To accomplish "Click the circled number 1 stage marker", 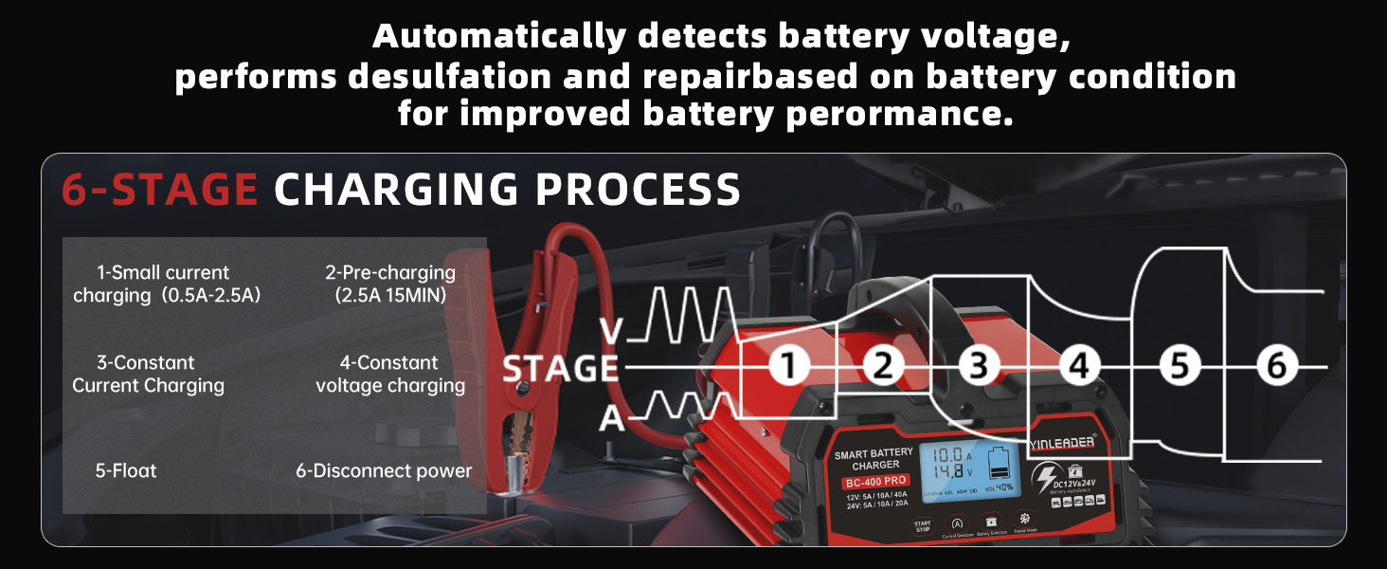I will point(788,366).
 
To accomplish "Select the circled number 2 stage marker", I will point(883,366).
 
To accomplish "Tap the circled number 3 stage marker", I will point(980,366).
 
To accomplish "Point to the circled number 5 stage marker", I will point(1179,366).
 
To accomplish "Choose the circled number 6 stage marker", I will point(1277,366).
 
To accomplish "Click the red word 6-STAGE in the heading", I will point(159,190).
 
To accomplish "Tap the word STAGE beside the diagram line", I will point(560,369).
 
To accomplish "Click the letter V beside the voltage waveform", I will point(613,331).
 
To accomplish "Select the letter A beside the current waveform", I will point(613,416).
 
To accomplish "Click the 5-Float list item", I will point(126,470).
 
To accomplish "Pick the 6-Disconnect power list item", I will point(383,470).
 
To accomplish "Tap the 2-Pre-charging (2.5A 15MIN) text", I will point(390,284).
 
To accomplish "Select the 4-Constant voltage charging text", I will point(390,374).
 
